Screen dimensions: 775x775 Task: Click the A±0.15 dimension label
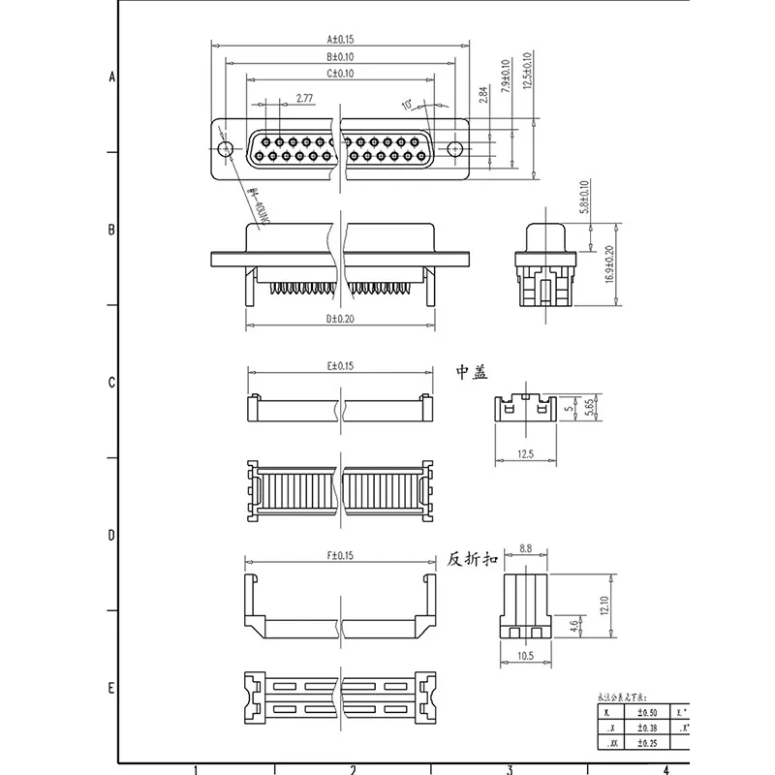[341, 40]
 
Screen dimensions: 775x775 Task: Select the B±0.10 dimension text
[341, 57]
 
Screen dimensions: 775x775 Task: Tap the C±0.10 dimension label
[341, 74]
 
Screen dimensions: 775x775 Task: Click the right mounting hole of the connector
[455, 148]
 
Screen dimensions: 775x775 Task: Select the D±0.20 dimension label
[341, 317]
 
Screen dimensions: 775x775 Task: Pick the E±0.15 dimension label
[341, 365]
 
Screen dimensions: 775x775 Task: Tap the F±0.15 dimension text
[341, 555]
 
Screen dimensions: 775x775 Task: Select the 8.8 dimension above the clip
[525, 548]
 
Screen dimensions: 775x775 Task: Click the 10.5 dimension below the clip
[525, 656]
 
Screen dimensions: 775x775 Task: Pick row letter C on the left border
[111, 382]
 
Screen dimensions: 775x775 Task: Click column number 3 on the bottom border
[509, 770]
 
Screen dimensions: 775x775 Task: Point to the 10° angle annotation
[406, 103]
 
